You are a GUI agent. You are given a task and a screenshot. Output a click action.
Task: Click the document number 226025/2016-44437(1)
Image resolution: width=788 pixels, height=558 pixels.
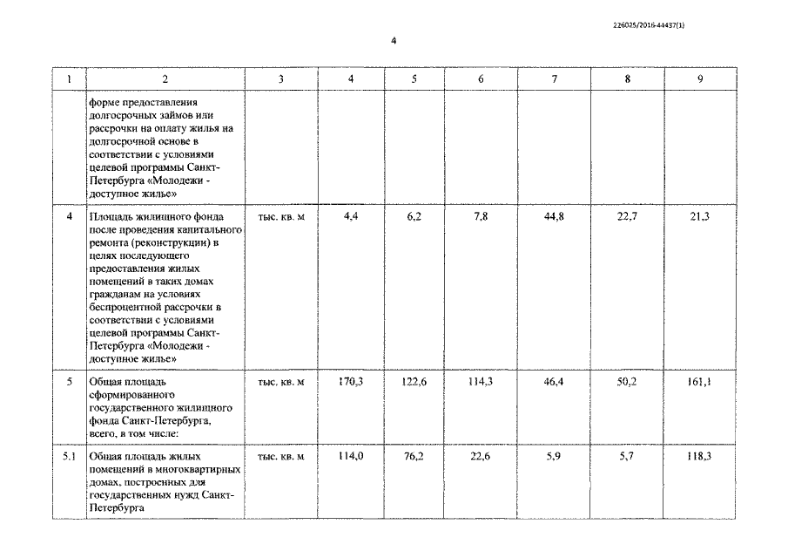(650, 24)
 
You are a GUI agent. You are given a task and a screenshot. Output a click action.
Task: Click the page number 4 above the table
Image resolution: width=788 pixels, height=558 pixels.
(394, 40)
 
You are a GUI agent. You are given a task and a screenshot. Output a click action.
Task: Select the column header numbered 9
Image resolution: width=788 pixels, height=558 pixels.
(700, 79)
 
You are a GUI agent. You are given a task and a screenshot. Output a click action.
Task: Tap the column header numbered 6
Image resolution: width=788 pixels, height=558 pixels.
(481, 79)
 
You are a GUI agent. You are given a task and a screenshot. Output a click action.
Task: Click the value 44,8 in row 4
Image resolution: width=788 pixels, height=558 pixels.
(554, 216)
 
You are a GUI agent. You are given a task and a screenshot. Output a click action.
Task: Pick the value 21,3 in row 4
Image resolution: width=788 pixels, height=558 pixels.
(699, 216)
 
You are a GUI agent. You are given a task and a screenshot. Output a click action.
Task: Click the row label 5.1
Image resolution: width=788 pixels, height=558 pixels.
(70, 456)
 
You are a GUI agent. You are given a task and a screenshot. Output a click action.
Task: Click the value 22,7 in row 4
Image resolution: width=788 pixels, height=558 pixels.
(627, 216)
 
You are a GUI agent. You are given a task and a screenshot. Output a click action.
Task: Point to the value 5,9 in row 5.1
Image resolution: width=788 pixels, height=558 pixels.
(554, 456)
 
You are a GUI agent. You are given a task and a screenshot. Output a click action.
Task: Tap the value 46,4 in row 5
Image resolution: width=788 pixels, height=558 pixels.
(554, 382)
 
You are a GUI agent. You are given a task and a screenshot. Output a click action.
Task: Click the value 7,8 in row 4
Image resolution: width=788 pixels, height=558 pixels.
(481, 216)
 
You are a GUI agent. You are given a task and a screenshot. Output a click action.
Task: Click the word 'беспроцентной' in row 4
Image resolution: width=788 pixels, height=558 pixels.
(126, 308)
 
